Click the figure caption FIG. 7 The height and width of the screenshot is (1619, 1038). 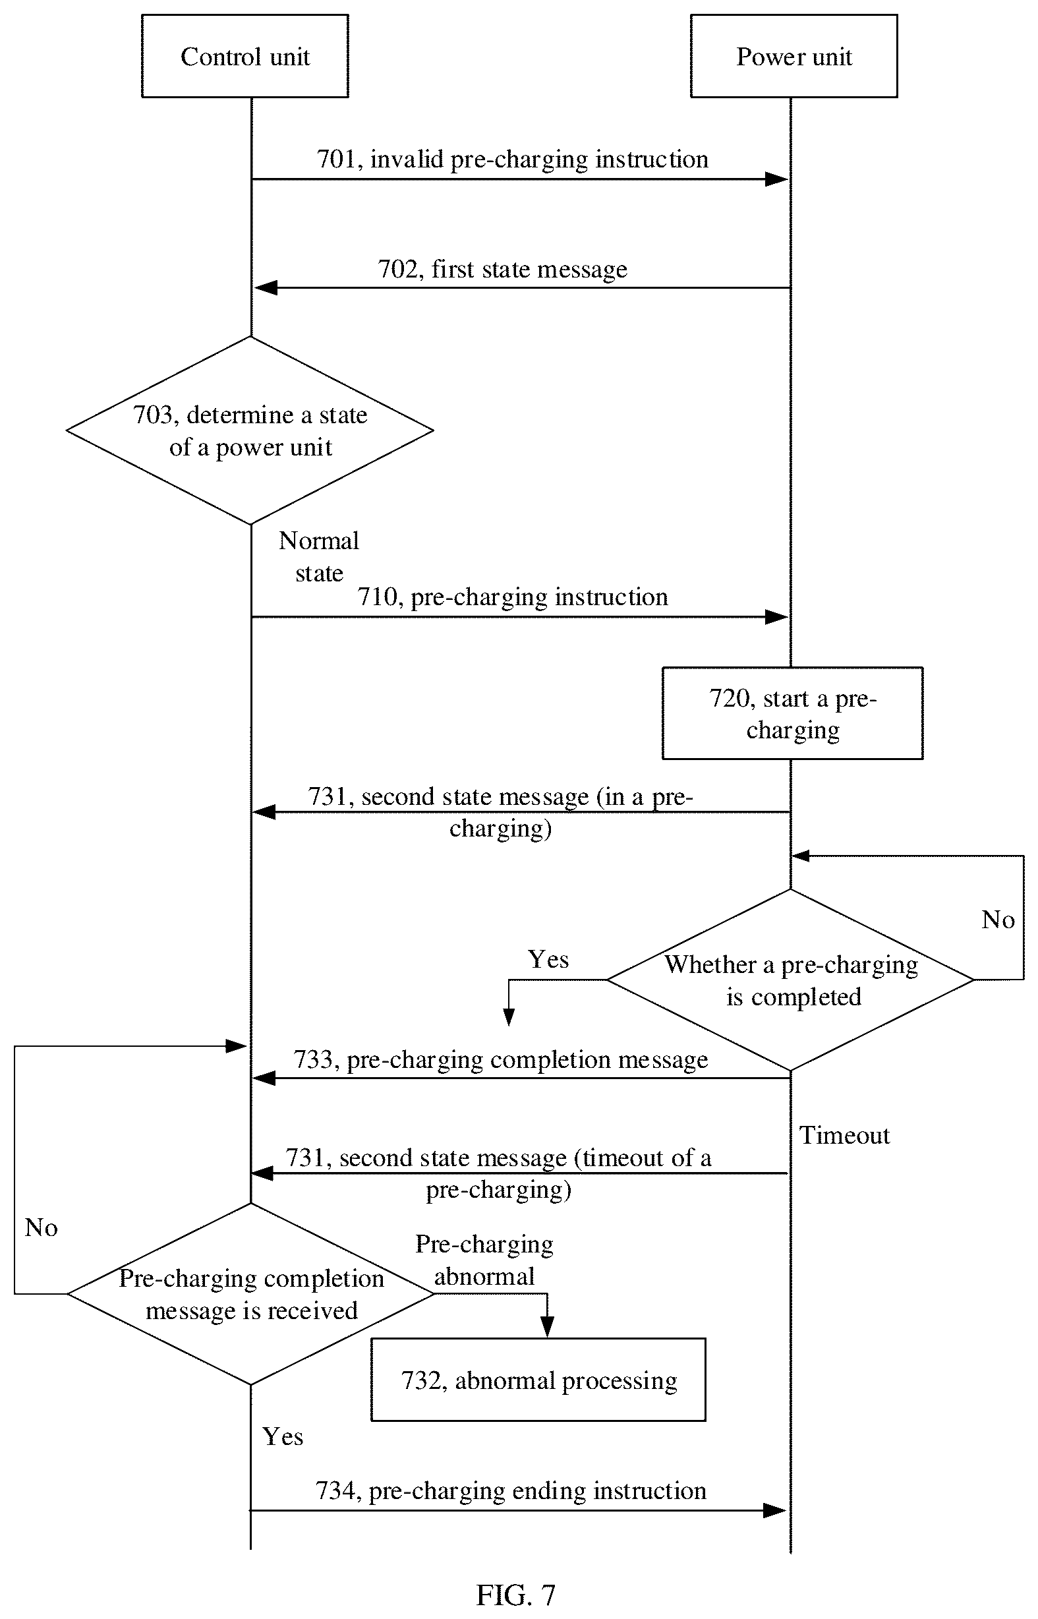coord(515,1595)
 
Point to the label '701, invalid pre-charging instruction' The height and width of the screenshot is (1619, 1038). coord(512,159)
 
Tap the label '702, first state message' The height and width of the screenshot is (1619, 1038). coord(502,269)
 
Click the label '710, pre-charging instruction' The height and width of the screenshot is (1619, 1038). coord(512,597)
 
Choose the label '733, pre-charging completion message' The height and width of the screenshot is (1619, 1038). coord(500,1059)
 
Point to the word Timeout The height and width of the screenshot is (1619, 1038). coord(844,1135)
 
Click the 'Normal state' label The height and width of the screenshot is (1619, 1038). coord(319,557)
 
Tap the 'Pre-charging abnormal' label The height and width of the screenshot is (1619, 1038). coord(484,1260)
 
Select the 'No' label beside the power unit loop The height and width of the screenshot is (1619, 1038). coord(998,920)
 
